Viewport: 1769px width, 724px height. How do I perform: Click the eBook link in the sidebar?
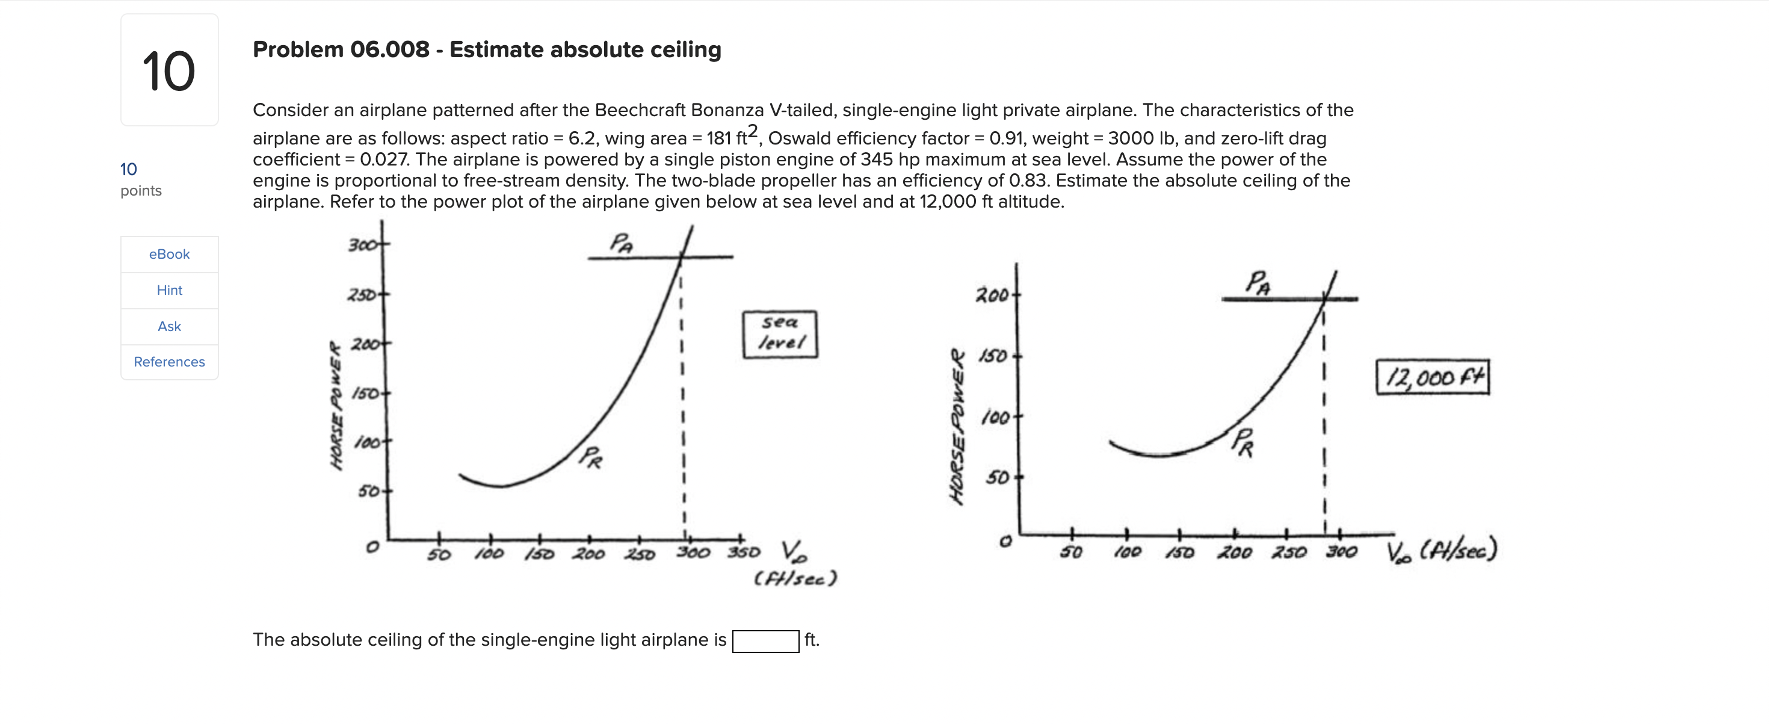click(x=169, y=254)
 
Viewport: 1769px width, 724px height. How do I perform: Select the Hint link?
click(x=169, y=290)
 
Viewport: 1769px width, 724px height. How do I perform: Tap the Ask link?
click(x=169, y=326)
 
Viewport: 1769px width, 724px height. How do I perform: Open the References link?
click(x=169, y=362)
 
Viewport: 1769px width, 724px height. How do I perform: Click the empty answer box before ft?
click(x=765, y=641)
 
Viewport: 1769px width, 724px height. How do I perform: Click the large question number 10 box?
click(x=169, y=70)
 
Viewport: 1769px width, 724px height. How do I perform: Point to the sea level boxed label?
click(x=779, y=334)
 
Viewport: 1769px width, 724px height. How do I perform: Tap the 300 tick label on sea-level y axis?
click(x=362, y=245)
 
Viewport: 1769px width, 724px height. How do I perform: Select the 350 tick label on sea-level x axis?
click(x=744, y=552)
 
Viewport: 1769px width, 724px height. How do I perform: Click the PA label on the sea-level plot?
click(x=622, y=243)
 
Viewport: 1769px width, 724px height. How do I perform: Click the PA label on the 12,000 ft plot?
click(x=1258, y=282)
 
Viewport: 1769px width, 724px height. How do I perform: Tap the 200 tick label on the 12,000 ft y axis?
click(x=992, y=295)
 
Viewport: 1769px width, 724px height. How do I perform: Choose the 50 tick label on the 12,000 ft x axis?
click(x=1070, y=552)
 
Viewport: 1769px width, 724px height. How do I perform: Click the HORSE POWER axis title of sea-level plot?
click(x=336, y=405)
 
